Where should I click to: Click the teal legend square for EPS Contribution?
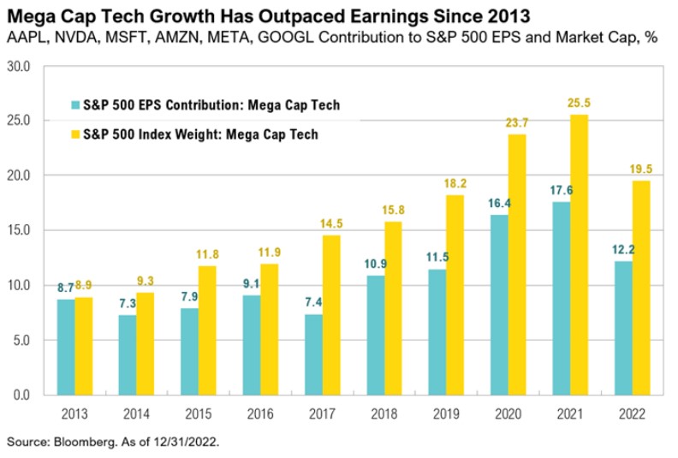coord(76,105)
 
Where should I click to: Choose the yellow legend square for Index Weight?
coord(76,134)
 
